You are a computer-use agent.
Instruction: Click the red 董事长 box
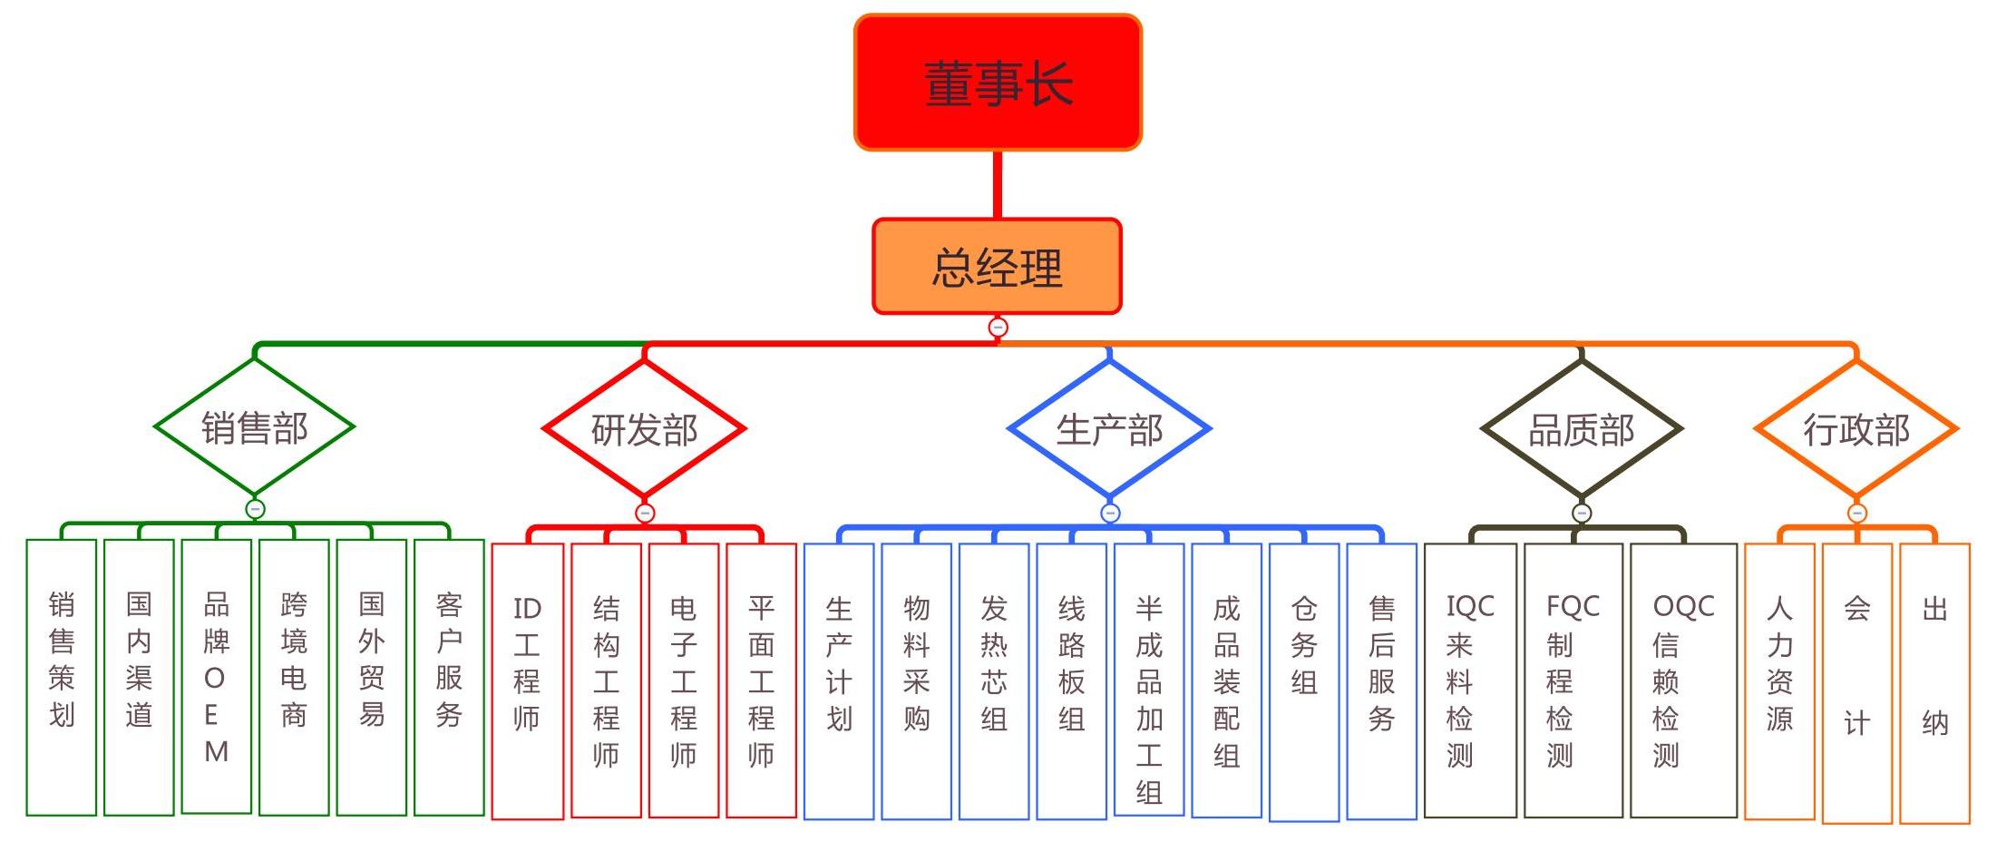(998, 83)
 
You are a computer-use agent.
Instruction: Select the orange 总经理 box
(997, 267)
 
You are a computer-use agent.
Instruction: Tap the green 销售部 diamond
(254, 427)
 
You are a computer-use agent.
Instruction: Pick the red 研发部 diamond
(644, 429)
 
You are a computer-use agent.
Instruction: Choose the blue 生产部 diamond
(1109, 429)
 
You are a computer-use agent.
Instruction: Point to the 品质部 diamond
(1581, 429)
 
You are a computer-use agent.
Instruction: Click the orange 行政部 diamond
(1856, 429)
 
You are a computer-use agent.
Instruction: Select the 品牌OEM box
(216, 677)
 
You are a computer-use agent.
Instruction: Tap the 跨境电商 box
(294, 677)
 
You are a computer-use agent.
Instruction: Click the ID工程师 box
(527, 680)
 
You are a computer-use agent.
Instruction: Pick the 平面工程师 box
(761, 680)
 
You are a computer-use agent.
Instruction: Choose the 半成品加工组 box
(1149, 680)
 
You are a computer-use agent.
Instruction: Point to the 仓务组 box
(1304, 680)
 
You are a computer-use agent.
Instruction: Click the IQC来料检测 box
(1469, 680)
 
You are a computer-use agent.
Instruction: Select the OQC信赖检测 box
(1683, 680)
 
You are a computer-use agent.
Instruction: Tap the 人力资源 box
(1779, 680)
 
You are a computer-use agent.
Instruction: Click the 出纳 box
(1934, 680)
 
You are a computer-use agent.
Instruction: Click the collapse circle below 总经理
(998, 328)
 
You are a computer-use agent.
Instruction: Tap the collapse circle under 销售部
(255, 509)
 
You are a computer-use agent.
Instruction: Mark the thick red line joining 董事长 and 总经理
(998, 184)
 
